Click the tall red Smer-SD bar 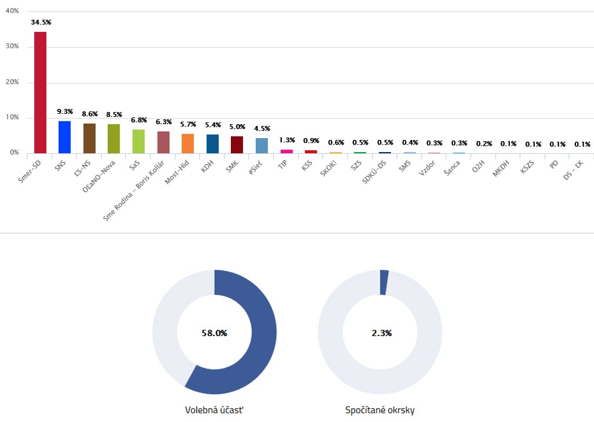click(40, 93)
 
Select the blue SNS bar click(64, 137)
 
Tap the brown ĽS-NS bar click(89, 138)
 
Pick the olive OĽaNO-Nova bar click(114, 139)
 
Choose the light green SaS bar click(139, 141)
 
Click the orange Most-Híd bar click(187, 143)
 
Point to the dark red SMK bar click(237, 145)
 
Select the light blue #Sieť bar click(262, 146)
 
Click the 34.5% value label click(41, 22)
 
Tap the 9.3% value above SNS click(65, 111)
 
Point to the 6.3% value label click(164, 122)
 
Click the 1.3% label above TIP click(287, 140)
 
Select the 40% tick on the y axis click(12, 11)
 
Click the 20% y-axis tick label click(12, 82)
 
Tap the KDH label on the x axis click(208, 167)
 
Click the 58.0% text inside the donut click(214, 333)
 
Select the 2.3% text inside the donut click(381, 333)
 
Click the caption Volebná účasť click(214, 410)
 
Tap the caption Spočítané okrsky click(380, 410)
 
